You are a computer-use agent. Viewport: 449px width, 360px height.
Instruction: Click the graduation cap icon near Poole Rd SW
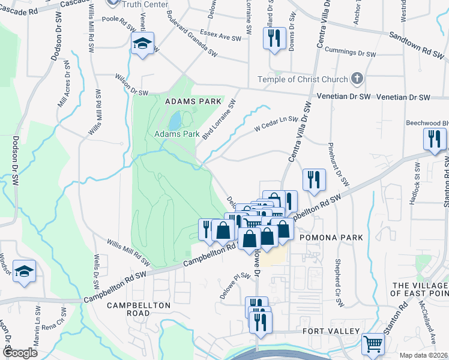point(143,44)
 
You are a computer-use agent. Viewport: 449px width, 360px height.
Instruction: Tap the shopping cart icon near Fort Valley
point(373,344)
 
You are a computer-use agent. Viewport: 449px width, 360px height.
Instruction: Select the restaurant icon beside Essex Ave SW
point(274,38)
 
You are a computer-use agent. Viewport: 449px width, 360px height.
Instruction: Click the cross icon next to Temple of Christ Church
point(357,79)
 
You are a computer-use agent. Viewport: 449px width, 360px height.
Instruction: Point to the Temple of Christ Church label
point(303,79)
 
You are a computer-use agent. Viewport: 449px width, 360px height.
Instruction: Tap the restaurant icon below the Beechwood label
point(433,139)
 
